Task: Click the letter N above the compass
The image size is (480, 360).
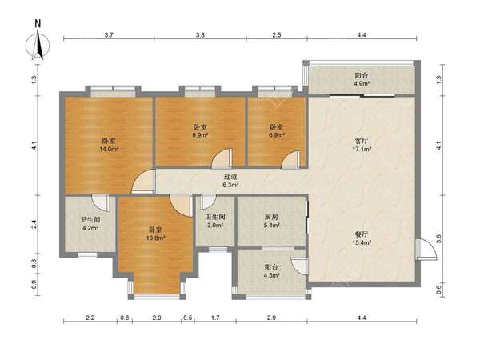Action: tap(38, 24)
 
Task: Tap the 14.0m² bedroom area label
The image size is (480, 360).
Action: tap(109, 150)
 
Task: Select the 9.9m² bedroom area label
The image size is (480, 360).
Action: tap(200, 135)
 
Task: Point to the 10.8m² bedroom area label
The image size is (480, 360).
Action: tap(155, 238)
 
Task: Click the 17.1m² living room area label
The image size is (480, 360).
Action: tap(362, 150)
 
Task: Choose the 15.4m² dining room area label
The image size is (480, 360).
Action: tap(362, 242)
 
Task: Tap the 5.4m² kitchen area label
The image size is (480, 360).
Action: tap(271, 226)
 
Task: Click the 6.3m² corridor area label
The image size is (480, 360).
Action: tap(230, 185)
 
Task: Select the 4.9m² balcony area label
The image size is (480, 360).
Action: tap(362, 83)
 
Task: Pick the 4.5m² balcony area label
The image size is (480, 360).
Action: tap(271, 275)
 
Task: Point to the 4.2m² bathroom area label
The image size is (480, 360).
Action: tap(90, 228)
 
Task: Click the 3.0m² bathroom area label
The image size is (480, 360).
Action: tap(215, 226)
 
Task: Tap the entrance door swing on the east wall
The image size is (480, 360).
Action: tap(426, 249)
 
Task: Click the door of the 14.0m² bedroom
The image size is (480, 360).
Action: tap(143, 182)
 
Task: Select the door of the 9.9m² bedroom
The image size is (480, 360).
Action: tap(223, 158)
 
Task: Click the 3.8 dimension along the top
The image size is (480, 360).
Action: tap(200, 35)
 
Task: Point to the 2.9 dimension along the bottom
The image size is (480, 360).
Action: tap(271, 318)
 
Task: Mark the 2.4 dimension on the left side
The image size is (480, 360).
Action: tap(34, 224)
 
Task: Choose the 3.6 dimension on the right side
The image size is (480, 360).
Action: tap(438, 238)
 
